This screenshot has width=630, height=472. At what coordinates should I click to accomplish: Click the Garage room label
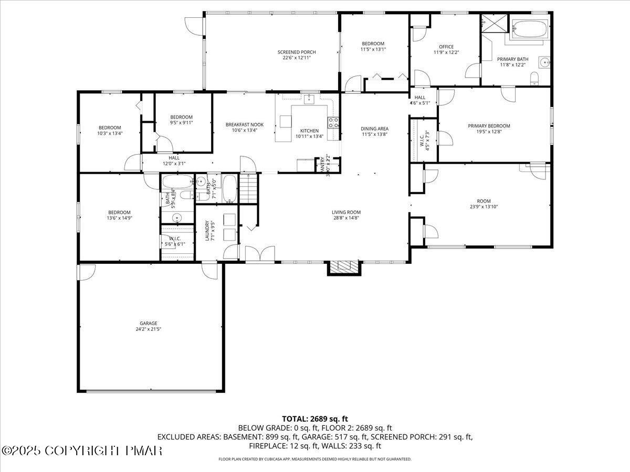(x=149, y=323)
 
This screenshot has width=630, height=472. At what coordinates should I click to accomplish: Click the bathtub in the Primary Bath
(x=530, y=29)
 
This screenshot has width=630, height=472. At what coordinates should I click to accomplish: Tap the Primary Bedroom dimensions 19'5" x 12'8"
(x=489, y=132)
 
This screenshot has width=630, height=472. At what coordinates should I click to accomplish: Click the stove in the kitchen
(x=333, y=123)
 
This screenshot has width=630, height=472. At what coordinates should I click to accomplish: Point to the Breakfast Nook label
(x=245, y=124)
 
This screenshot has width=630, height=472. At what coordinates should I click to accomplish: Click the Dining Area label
(x=374, y=128)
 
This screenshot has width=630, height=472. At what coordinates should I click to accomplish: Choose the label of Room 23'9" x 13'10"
(x=484, y=201)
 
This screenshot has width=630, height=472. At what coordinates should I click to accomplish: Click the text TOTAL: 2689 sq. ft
(x=315, y=419)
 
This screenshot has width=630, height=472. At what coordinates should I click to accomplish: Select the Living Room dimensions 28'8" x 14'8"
(x=346, y=219)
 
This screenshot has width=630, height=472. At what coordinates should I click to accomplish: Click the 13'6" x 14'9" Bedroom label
(x=119, y=212)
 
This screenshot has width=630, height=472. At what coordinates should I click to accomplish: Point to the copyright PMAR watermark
(x=82, y=450)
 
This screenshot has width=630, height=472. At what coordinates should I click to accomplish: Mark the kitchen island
(x=286, y=122)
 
